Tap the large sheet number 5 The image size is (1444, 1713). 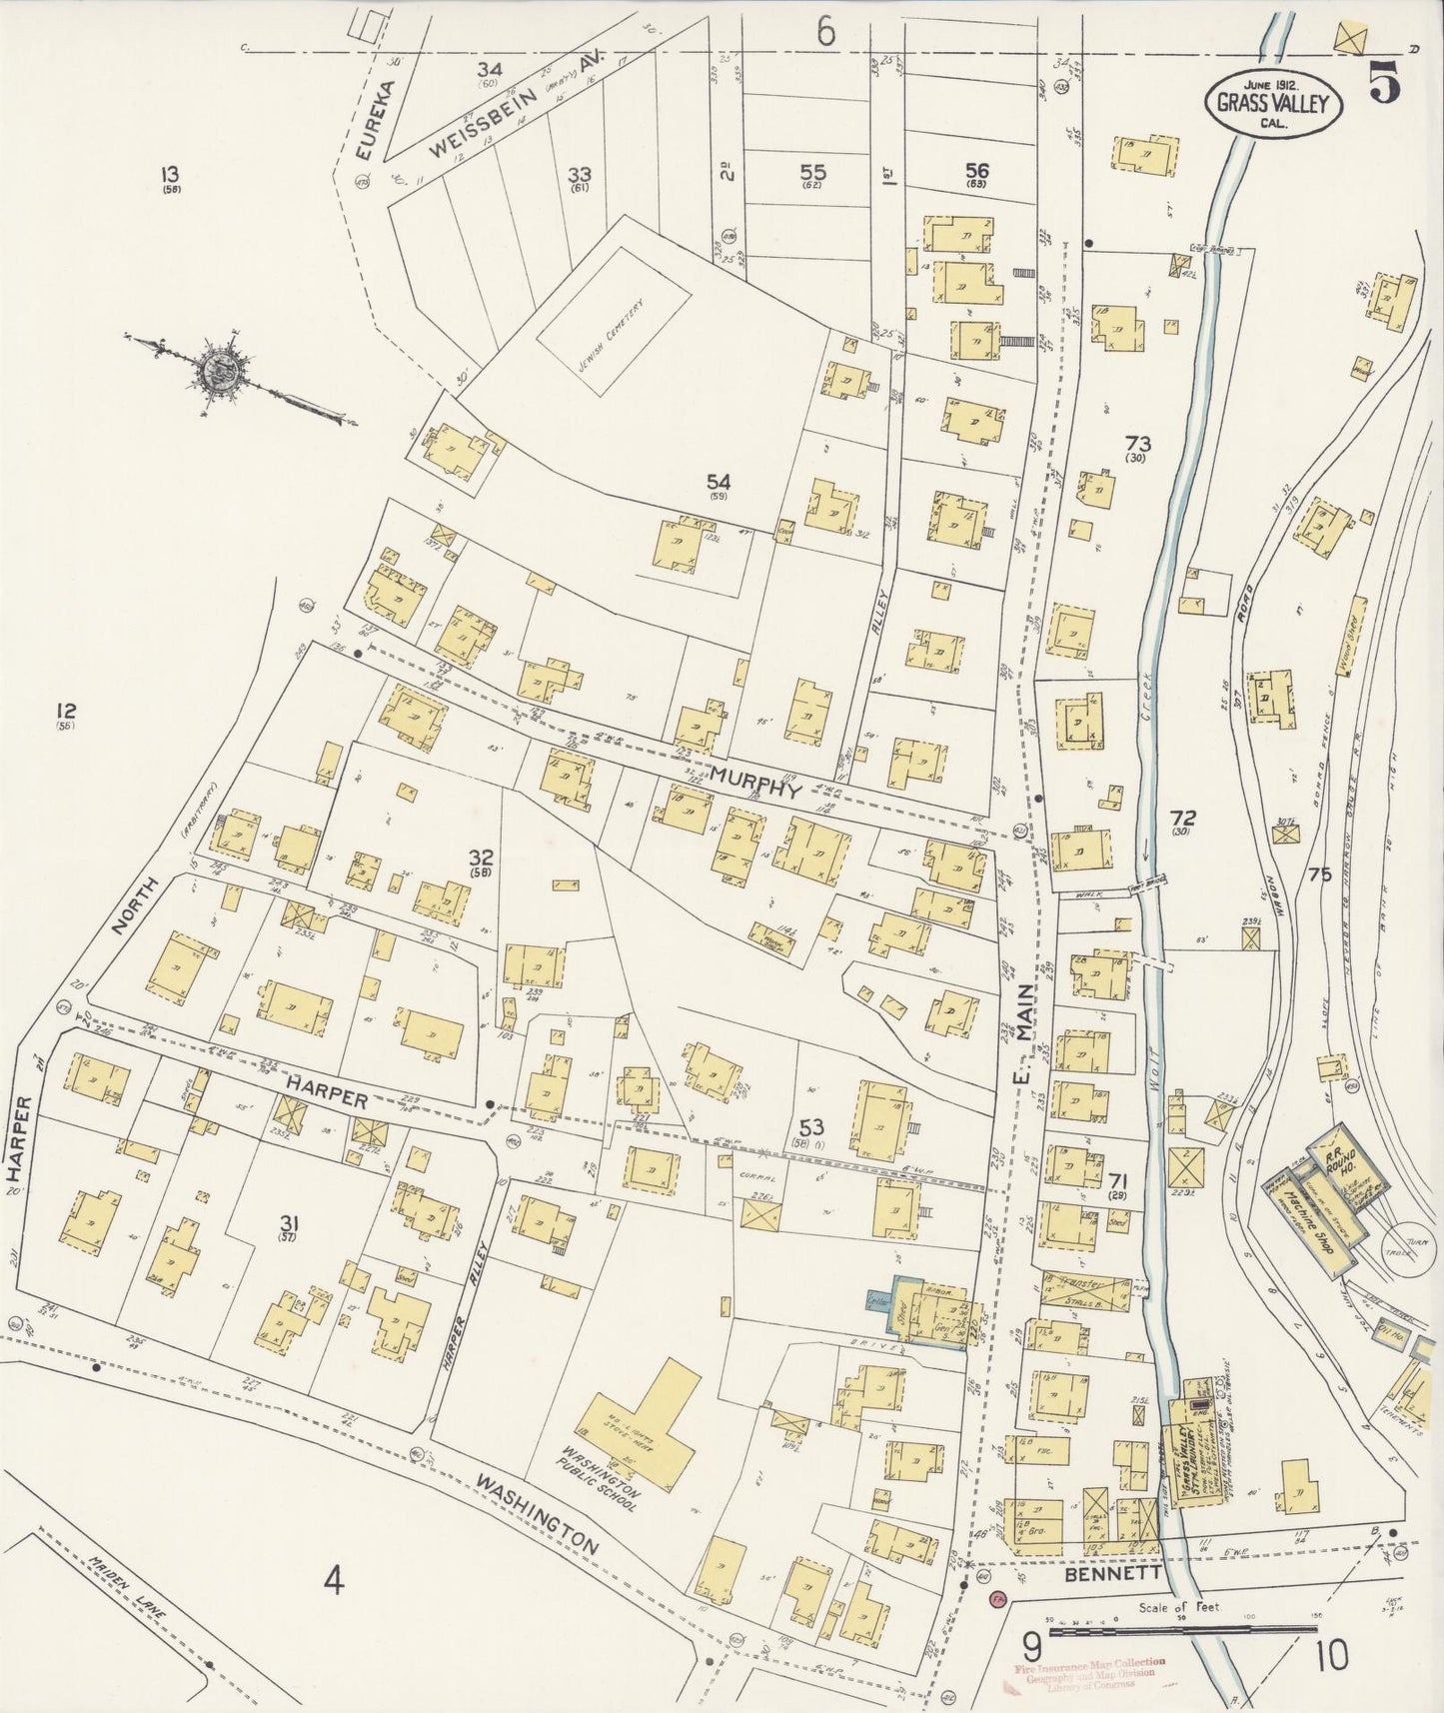point(1383,85)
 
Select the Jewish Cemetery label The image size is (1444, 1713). point(613,334)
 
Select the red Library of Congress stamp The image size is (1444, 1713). point(1084,1676)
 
